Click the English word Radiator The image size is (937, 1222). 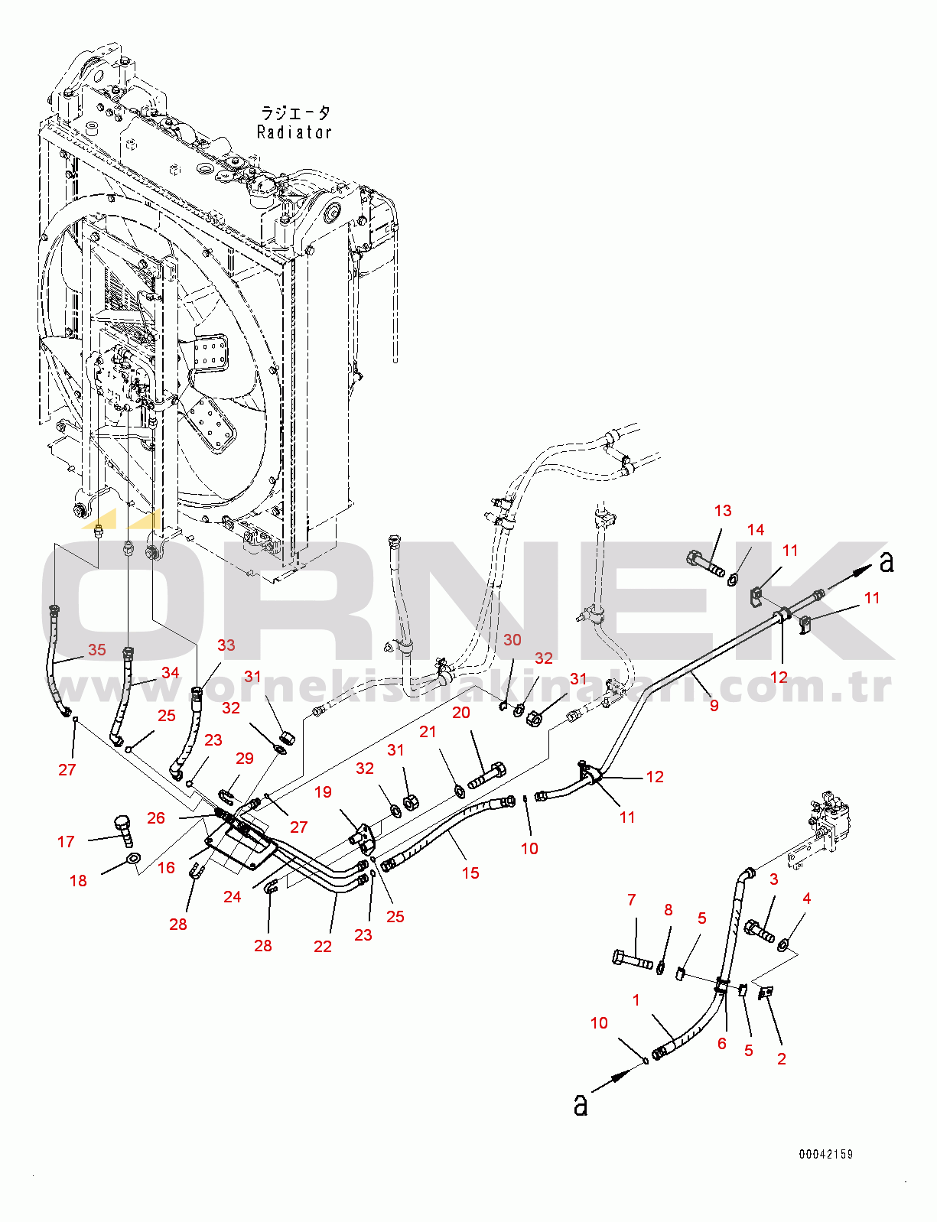click(x=294, y=132)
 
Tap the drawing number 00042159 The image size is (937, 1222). click(x=825, y=1154)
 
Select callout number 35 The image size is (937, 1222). click(x=96, y=650)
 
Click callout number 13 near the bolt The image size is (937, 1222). click(x=723, y=511)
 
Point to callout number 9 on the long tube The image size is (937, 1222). click(x=714, y=705)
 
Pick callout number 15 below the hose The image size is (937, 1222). click(x=470, y=873)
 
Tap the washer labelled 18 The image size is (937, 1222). click(x=132, y=860)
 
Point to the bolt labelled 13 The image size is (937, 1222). click(x=705, y=564)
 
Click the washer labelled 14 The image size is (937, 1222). click(x=732, y=578)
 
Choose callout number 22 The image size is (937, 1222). click(x=323, y=947)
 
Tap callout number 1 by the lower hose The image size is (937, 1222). click(x=636, y=999)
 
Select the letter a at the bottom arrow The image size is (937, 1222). click(x=581, y=1105)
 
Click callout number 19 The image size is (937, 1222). click(x=324, y=791)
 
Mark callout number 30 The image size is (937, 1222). click(x=512, y=640)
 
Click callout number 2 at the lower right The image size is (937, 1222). click(x=781, y=1058)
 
